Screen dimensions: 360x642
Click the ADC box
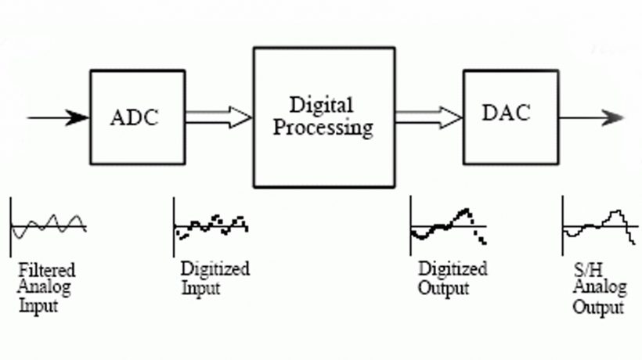tap(137, 117)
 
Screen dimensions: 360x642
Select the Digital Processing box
tap(323, 117)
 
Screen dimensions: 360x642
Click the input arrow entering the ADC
tap(59, 118)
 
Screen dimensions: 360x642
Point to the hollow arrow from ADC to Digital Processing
tap(219, 117)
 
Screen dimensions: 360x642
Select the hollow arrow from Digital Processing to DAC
tap(429, 117)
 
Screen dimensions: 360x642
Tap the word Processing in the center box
tap(324, 128)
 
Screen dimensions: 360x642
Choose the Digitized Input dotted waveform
tap(211, 225)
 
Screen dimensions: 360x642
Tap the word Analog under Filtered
tap(45, 288)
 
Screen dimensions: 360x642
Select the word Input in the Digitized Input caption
tap(200, 287)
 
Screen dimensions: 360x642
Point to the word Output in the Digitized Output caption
tap(444, 287)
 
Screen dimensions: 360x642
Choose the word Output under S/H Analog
tap(599, 306)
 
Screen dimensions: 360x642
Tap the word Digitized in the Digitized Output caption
tap(453, 270)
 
